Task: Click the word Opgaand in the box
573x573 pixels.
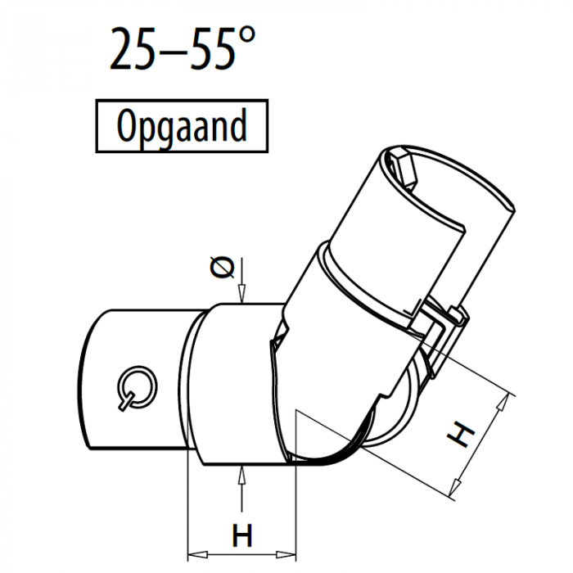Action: pos(182,127)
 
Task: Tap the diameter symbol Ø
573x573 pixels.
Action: pos(221,268)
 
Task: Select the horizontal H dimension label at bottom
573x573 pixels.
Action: pos(241,537)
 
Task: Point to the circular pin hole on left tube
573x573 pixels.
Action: pos(133,384)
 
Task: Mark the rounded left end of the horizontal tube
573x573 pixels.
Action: pos(94,381)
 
